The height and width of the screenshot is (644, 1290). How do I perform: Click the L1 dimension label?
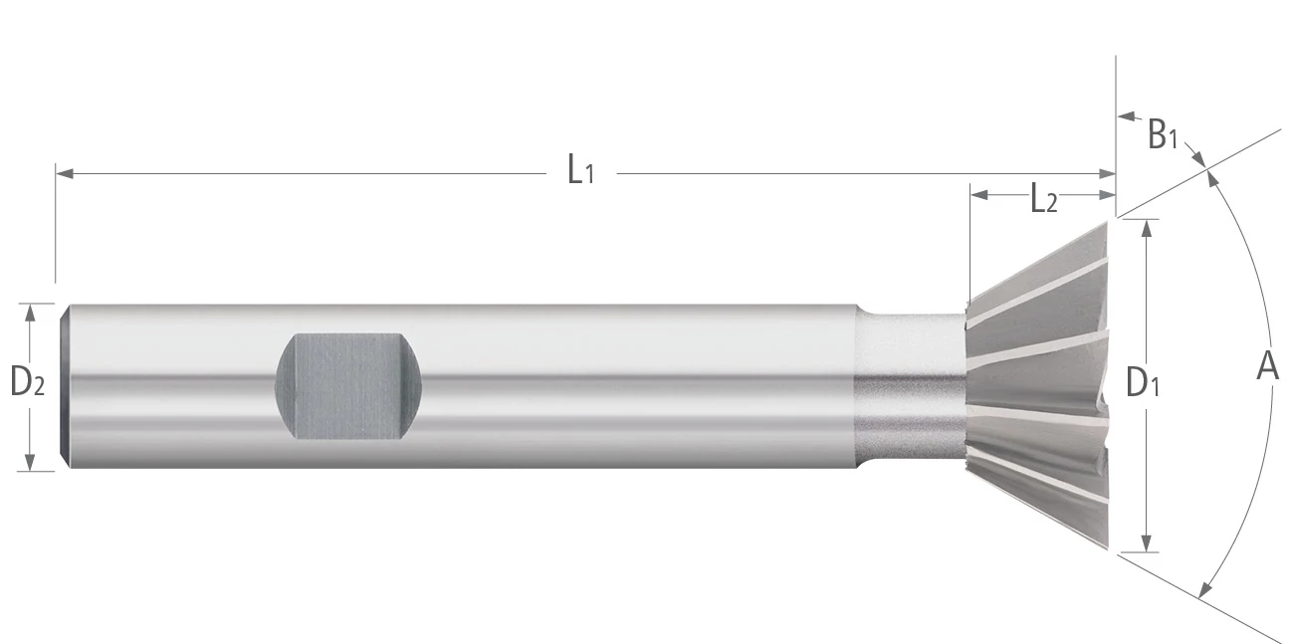pos(580,171)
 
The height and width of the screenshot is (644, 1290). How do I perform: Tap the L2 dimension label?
pos(1043,200)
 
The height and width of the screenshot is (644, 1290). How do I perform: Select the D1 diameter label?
pos(1143,383)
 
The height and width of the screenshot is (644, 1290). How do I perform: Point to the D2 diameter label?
pos(27,382)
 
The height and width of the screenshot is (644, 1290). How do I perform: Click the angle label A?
pos(1267,366)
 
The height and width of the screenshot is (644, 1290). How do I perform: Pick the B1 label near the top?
pos(1162,134)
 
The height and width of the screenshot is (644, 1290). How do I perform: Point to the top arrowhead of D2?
pos(31,312)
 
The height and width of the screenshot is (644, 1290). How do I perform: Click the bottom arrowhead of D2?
pos(31,462)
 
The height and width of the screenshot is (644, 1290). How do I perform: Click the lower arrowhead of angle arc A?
pos(1205,588)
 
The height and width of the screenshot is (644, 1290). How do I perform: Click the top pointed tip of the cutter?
pos(1105,223)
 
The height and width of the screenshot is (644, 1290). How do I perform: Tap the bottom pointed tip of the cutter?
pos(1105,545)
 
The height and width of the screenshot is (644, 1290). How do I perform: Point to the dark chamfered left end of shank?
pos(65,386)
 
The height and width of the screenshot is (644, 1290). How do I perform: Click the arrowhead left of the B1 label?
pos(1125,117)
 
